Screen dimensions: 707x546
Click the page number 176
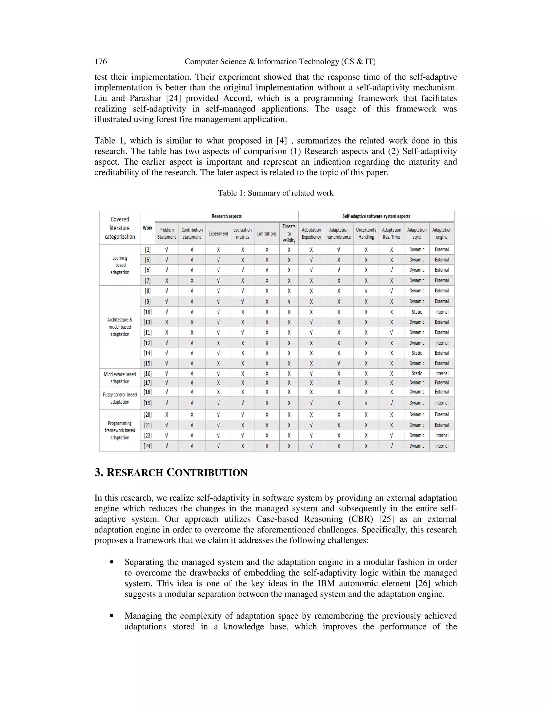(101, 62)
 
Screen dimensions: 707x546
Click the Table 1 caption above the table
(275, 193)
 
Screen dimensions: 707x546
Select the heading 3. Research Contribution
(171, 473)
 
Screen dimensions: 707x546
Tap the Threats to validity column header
(289, 233)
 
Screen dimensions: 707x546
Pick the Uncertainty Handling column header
(366, 233)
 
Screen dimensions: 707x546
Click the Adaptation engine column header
(441, 233)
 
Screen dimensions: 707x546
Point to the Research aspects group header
(226, 216)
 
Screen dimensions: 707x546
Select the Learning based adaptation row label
(120, 265)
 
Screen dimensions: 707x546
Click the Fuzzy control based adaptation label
(120, 398)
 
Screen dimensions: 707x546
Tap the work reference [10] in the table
(147, 312)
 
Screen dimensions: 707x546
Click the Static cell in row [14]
(417, 353)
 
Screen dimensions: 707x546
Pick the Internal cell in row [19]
(441, 403)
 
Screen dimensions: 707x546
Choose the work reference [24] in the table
(147, 446)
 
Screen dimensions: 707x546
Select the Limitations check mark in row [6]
(267, 270)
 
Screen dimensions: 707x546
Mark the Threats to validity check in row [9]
(289, 301)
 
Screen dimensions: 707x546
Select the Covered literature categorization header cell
(120, 228)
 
